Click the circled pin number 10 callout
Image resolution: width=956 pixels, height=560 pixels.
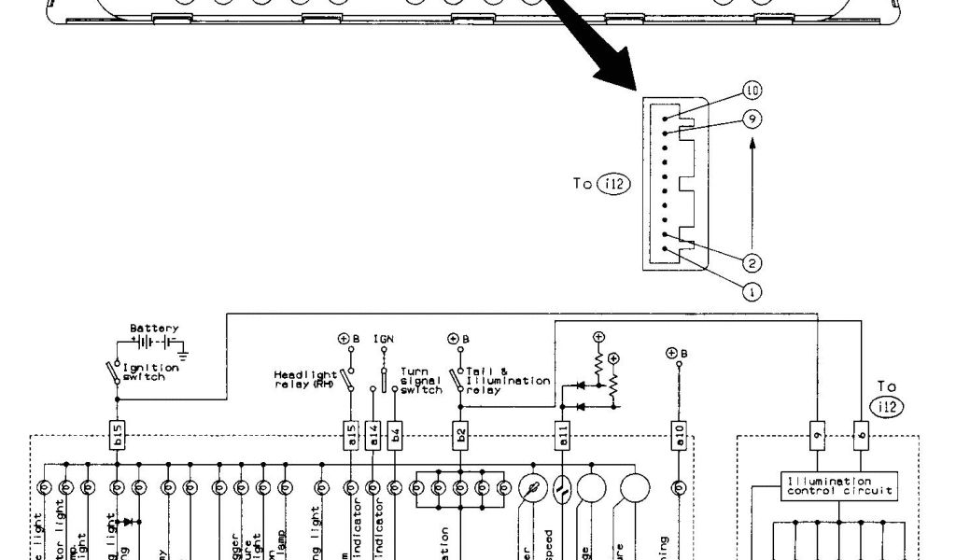click(x=752, y=91)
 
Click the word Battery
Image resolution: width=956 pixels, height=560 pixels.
click(x=153, y=329)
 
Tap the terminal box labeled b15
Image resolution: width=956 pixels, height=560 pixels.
click(x=117, y=436)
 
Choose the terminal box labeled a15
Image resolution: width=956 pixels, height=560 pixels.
click(x=351, y=436)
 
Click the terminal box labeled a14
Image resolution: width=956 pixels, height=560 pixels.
click(x=373, y=436)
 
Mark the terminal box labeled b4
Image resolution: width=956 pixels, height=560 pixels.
click(x=396, y=436)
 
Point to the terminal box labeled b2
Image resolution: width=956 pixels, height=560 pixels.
click(x=460, y=436)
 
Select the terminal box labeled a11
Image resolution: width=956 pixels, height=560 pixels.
click(x=562, y=436)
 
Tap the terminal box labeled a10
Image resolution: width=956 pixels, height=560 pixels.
click(x=679, y=436)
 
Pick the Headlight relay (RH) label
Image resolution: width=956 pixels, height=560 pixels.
click(x=304, y=379)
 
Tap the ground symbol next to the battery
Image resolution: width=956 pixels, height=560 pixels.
click(x=183, y=354)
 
